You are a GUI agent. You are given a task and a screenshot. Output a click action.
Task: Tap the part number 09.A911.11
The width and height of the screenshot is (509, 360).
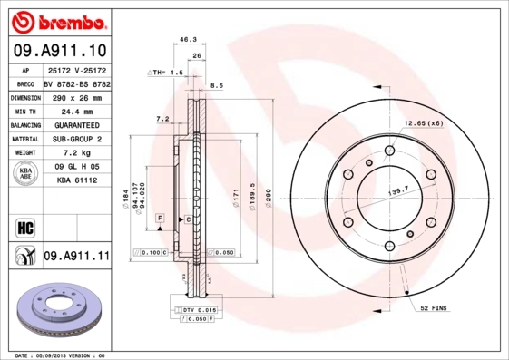pos(76,258)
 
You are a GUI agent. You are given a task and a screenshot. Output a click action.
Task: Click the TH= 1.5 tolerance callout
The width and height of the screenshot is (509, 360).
pos(167,71)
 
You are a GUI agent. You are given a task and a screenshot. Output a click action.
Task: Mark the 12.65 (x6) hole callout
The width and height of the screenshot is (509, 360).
pos(422,123)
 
